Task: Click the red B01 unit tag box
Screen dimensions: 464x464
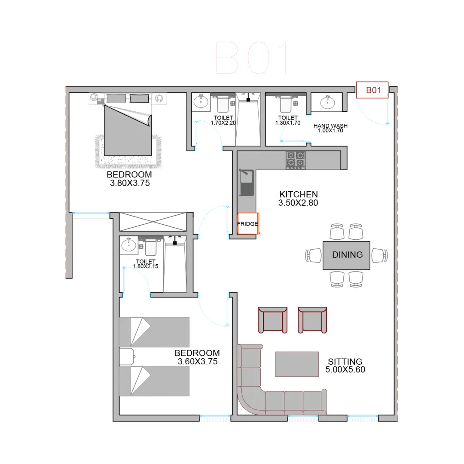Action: tap(372, 90)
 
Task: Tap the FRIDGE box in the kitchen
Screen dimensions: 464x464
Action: tap(248, 223)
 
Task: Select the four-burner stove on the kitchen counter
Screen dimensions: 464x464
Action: tap(295, 160)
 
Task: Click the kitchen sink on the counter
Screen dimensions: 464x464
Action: tap(247, 182)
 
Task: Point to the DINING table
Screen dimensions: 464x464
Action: tap(346, 255)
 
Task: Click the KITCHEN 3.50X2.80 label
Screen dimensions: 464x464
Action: tap(298, 198)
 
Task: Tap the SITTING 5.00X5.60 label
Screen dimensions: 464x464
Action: tap(345, 366)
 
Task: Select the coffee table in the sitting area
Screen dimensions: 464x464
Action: tap(297, 364)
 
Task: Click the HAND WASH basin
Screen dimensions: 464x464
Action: tap(327, 102)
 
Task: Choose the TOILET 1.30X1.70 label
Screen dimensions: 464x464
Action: tap(288, 120)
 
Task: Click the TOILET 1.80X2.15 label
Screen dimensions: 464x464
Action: tap(146, 264)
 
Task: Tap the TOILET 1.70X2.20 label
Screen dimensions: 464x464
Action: tap(223, 120)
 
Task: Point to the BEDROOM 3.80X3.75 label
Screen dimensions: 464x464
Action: tap(130, 179)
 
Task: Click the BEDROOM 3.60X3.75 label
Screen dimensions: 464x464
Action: tap(197, 357)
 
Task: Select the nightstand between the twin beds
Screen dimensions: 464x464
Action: tap(127, 357)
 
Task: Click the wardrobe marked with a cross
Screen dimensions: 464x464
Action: tap(153, 222)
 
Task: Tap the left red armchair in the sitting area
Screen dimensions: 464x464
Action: tap(273, 320)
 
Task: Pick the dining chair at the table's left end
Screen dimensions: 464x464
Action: tap(313, 255)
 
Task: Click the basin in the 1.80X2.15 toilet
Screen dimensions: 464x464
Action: tap(128, 245)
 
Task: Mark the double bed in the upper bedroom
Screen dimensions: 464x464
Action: tap(128, 130)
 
